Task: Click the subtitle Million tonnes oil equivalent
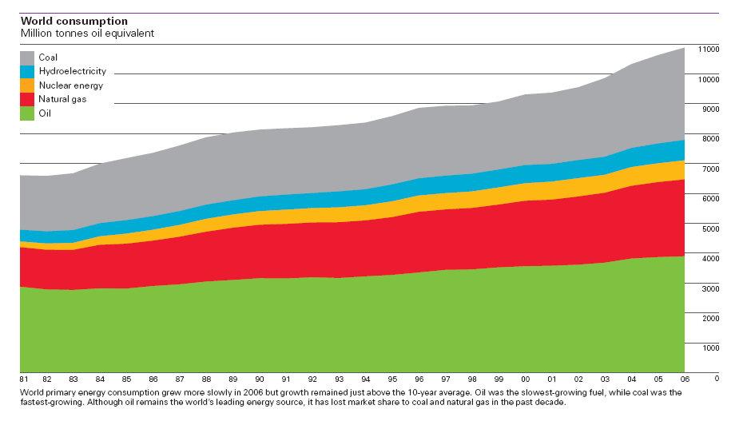point(87,33)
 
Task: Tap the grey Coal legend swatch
point(27,58)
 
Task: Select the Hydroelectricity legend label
point(72,71)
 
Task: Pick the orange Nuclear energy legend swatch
point(27,85)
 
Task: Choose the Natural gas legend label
point(62,99)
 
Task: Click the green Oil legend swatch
point(27,113)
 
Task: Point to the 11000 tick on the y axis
point(709,50)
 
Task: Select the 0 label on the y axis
point(717,378)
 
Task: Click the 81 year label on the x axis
point(23,378)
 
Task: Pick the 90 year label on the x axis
point(260,378)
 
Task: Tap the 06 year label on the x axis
point(685,378)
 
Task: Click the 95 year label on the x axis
point(393,378)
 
